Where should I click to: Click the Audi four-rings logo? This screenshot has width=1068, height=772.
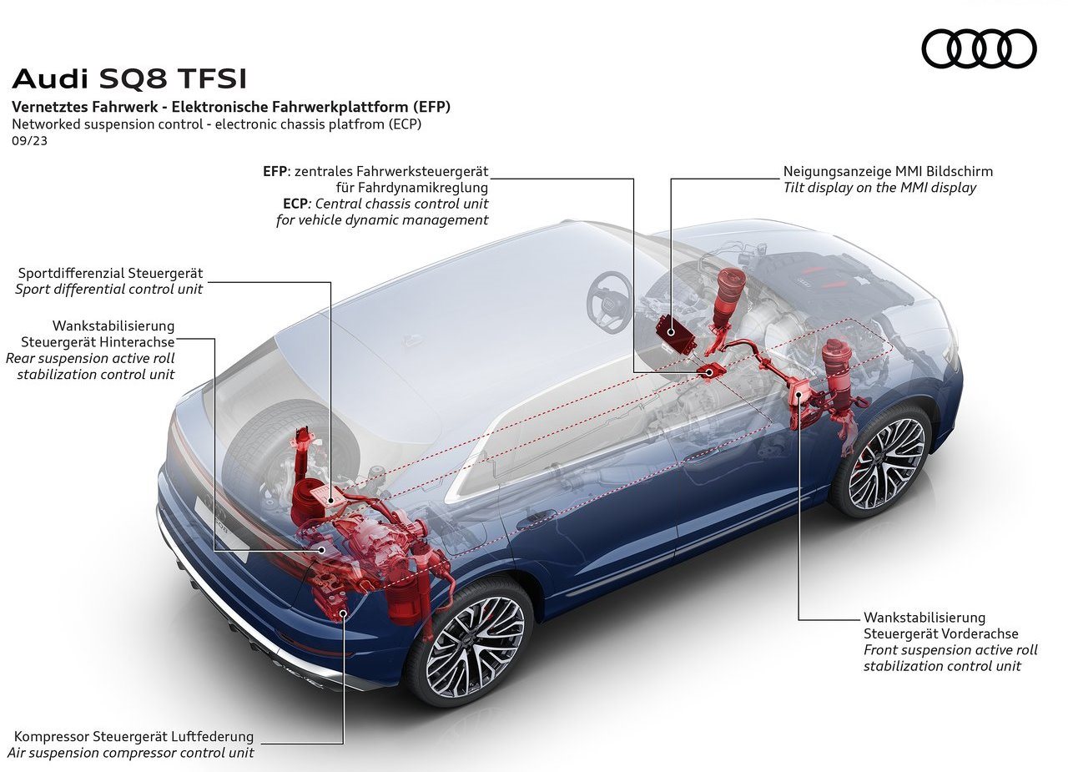coord(979,48)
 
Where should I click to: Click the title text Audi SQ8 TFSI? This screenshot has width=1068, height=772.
coord(129,79)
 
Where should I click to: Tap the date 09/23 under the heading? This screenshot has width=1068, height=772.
coord(29,141)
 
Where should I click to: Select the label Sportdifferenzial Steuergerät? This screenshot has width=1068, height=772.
coord(111,273)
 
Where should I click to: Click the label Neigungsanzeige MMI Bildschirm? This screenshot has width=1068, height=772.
coord(888,171)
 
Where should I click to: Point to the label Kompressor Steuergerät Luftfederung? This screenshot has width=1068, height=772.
coord(134,736)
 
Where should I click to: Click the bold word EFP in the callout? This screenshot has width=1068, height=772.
coord(275,171)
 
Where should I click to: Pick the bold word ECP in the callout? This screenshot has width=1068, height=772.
coord(295,204)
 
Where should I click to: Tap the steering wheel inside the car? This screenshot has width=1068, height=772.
coord(609,301)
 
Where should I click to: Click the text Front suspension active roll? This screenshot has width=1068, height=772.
coord(950,650)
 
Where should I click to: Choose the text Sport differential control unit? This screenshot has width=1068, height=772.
coord(108,289)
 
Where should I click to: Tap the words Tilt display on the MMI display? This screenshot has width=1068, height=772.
coord(879,188)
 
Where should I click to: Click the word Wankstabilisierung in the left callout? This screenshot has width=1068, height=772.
coord(113,325)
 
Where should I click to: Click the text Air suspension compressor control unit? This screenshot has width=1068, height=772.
coord(134,753)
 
